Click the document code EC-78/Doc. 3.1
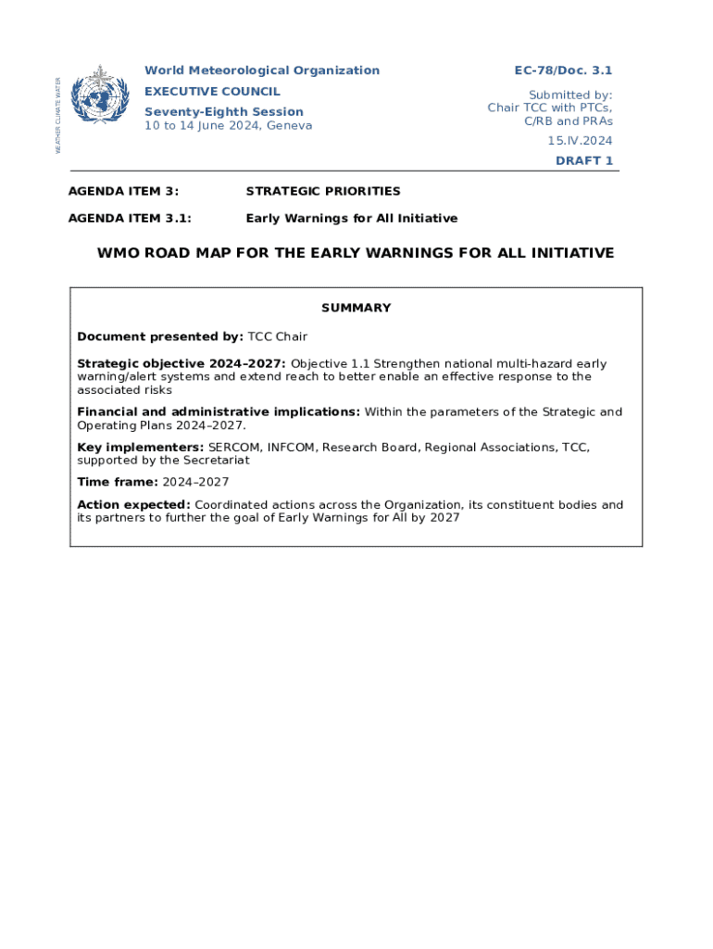[x=563, y=70]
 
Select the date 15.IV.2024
[x=579, y=141]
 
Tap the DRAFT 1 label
[x=583, y=160]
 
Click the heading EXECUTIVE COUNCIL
[x=212, y=92]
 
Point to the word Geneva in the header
[x=289, y=126]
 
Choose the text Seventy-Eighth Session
[x=223, y=112]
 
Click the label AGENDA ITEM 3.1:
[x=130, y=219]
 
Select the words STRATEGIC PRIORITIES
[x=323, y=191]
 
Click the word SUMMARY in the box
[x=356, y=308]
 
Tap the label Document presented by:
[x=160, y=336]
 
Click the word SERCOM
[x=234, y=448]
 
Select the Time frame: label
[x=118, y=482]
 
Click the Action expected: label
[x=133, y=505]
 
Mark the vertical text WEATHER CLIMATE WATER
[x=57, y=115]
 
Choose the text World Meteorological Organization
[x=261, y=70]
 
